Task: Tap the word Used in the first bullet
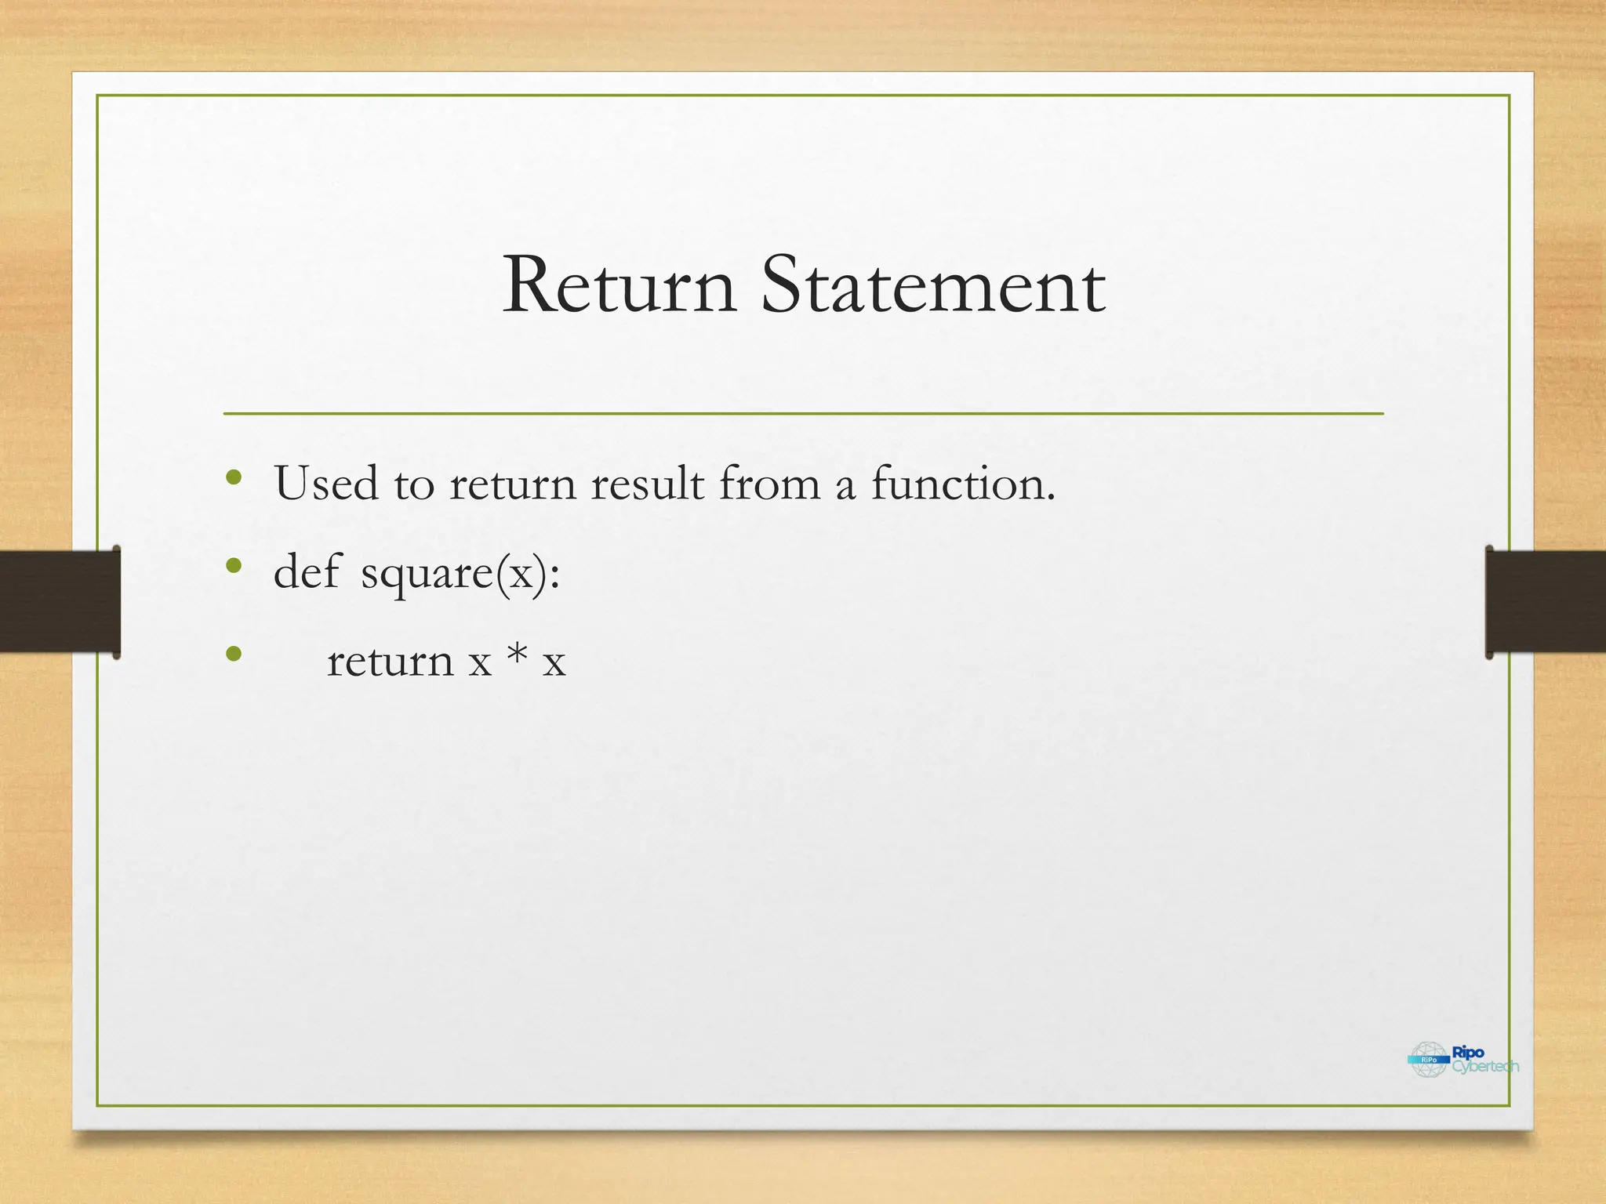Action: (x=325, y=483)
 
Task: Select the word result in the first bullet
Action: (x=647, y=483)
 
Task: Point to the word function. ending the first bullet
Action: (x=964, y=483)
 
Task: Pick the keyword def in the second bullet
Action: (x=307, y=571)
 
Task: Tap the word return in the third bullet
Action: (x=390, y=661)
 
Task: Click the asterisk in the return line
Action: (x=517, y=655)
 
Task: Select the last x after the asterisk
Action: (x=554, y=662)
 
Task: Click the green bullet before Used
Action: (x=233, y=477)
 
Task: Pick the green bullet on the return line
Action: (x=233, y=653)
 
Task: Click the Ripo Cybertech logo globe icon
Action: (x=1428, y=1060)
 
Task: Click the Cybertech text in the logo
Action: (x=1484, y=1067)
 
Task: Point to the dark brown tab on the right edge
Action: (x=1545, y=601)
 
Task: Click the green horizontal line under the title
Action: (x=803, y=413)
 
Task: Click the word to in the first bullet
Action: (x=413, y=484)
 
